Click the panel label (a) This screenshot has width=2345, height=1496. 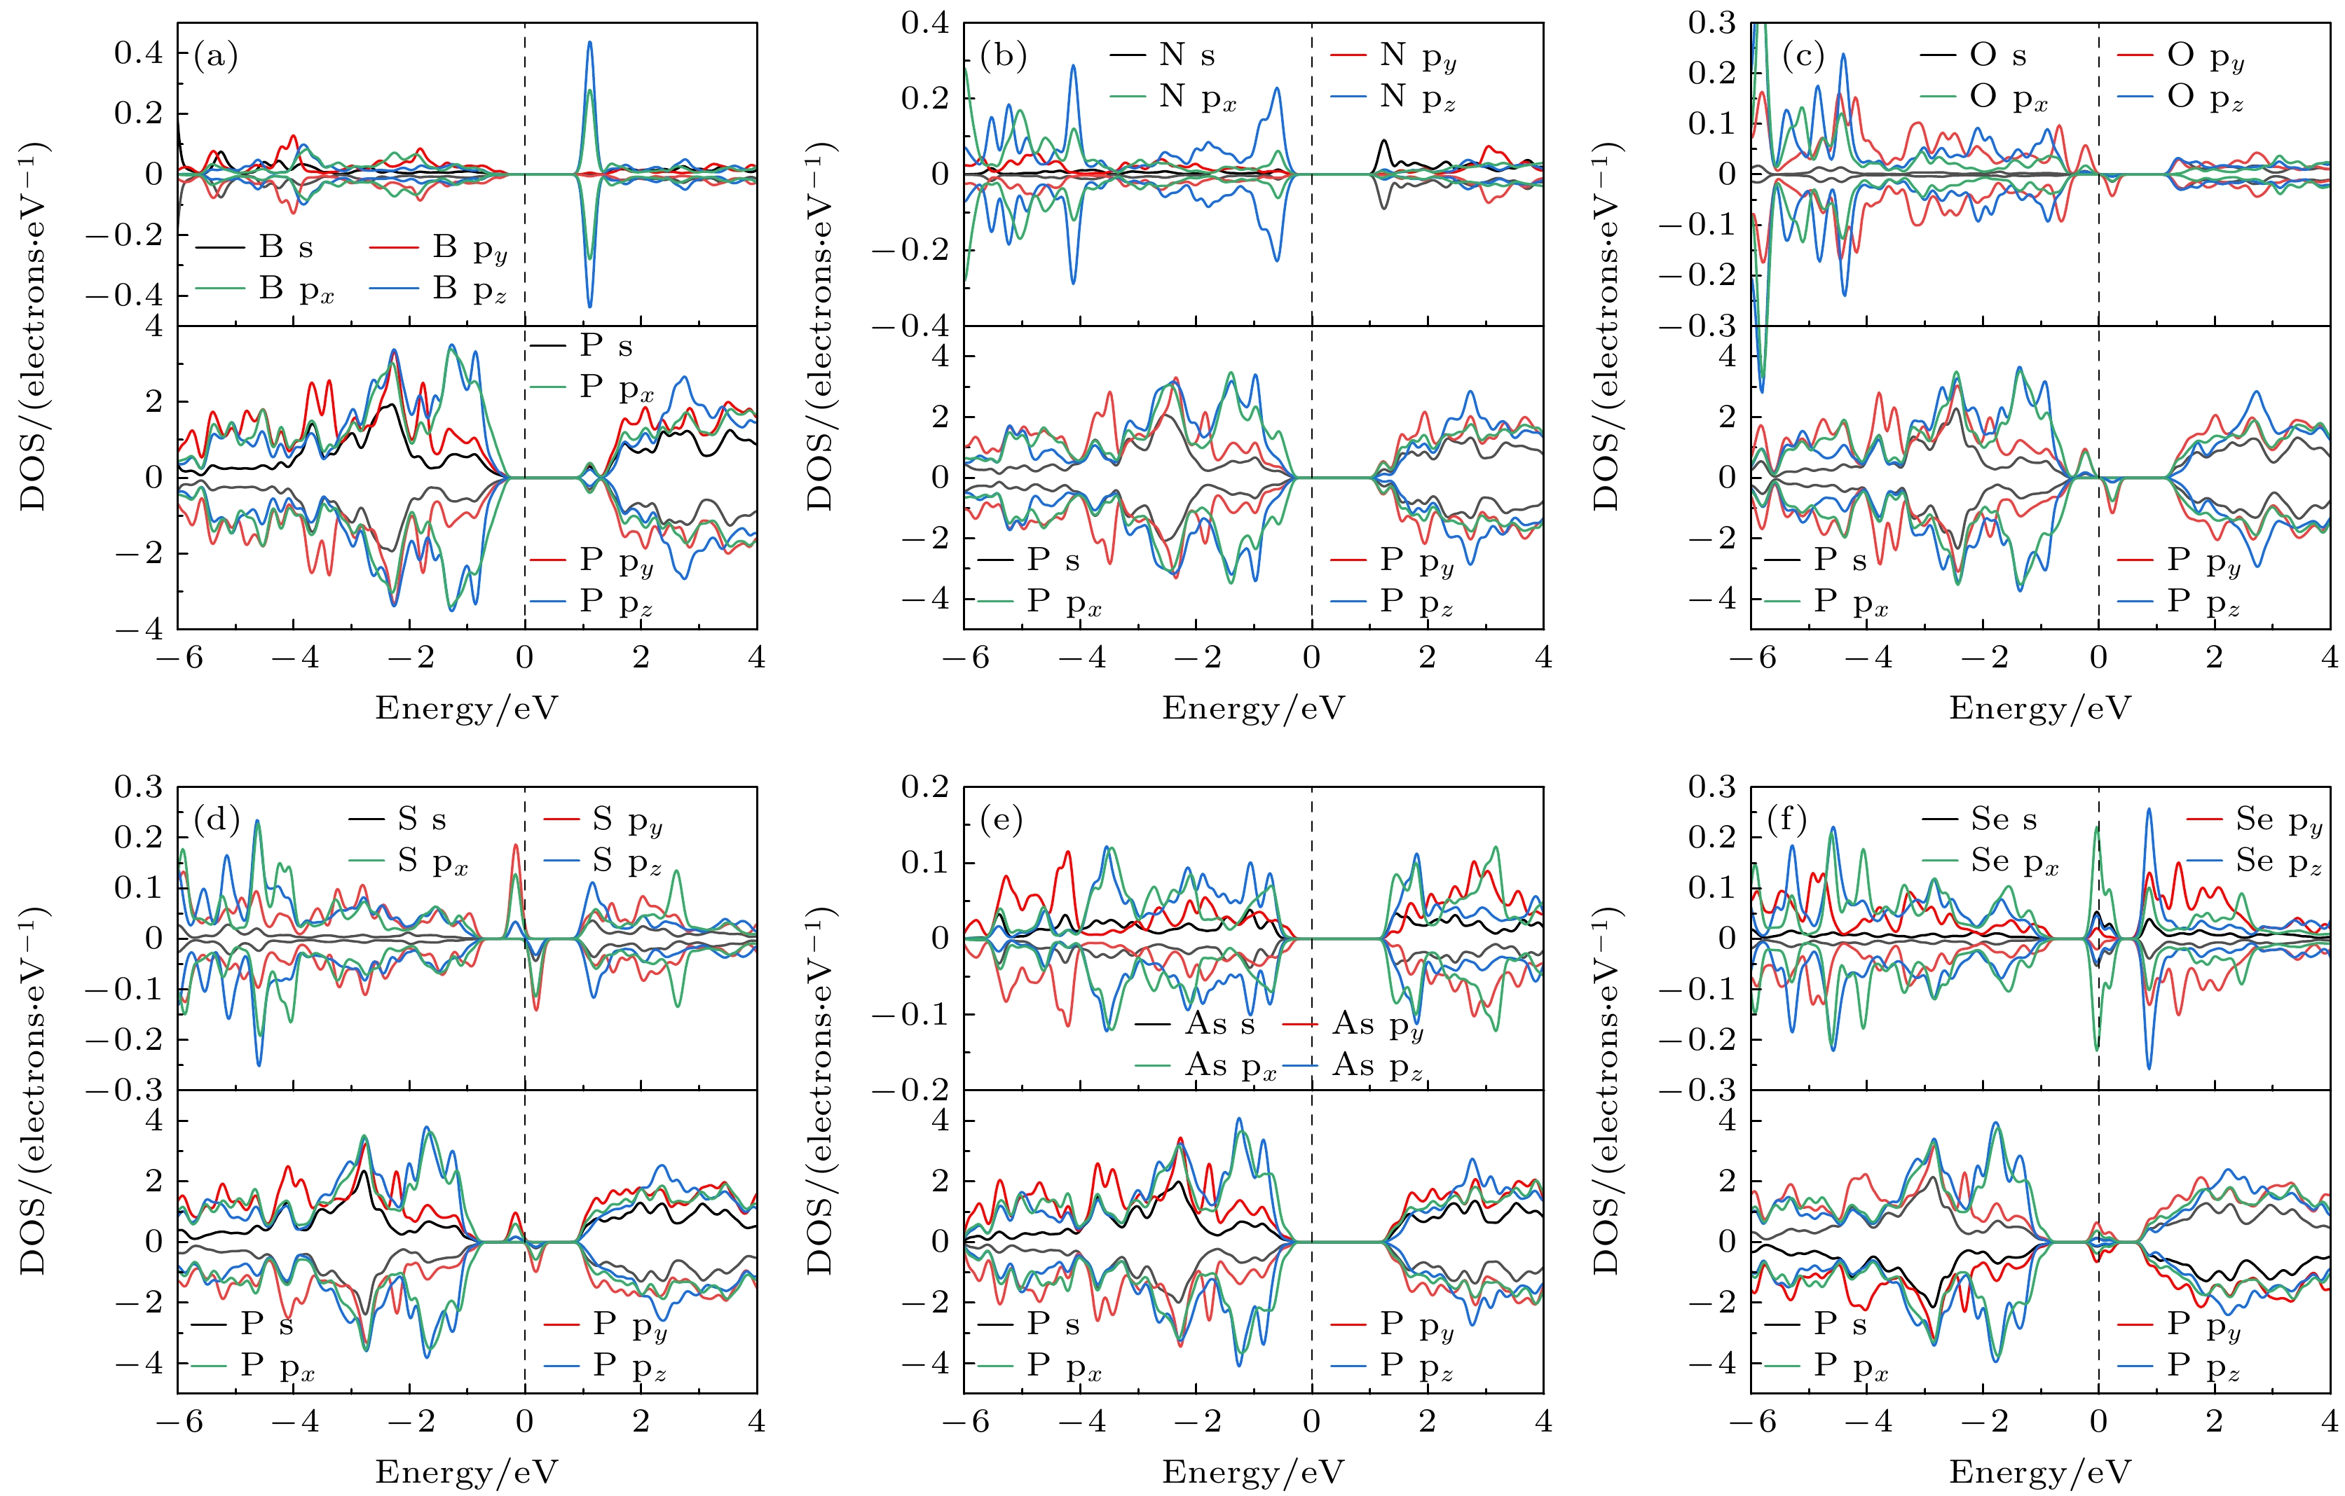tap(215, 57)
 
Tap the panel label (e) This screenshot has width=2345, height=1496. tap(1002, 821)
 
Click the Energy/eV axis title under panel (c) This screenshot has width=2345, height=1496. tap(2039, 707)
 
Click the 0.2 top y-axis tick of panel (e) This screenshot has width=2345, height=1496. tap(924, 787)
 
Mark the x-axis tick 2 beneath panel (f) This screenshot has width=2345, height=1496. tap(2213, 1422)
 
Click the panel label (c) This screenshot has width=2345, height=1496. tap(1803, 57)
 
